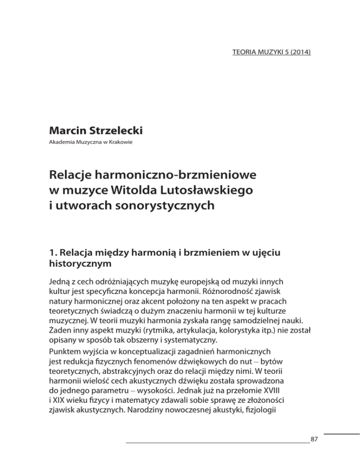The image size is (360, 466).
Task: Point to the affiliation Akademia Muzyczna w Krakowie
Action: tap(89, 142)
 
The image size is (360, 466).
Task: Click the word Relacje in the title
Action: tap(74, 175)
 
